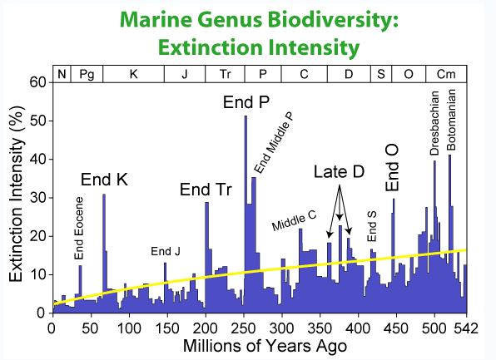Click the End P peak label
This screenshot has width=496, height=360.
click(x=246, y=102)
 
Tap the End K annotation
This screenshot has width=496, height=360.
click(x=104, y=180)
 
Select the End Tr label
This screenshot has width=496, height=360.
click(x=206, y=190)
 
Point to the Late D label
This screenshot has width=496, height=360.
click(x=339, y=171)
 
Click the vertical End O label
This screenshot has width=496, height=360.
click(x=392, y=168)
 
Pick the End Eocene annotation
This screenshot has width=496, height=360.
click(x=79, y=228)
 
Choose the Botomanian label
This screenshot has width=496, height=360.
click(x=451, y=120)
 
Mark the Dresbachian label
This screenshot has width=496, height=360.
click(x=434, y=123)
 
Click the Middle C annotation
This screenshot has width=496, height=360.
click(x=294, y=221)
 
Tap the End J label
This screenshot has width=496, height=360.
click(x=166, y=251)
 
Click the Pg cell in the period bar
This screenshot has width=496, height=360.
click(x=87, y=74)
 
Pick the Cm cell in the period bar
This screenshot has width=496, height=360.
click(x=446, y=74)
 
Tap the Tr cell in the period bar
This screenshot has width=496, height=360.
click(x=225, y=74)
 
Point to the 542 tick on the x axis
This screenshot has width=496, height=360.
click(x=466, y=328)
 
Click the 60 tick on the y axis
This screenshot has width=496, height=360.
click(x=38, y=82)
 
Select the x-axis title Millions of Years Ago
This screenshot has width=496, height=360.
click(x=265, y=346)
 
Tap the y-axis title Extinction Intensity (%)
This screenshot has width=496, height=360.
click(x=17, y=194)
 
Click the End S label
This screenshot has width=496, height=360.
click(x=372, y=227)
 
